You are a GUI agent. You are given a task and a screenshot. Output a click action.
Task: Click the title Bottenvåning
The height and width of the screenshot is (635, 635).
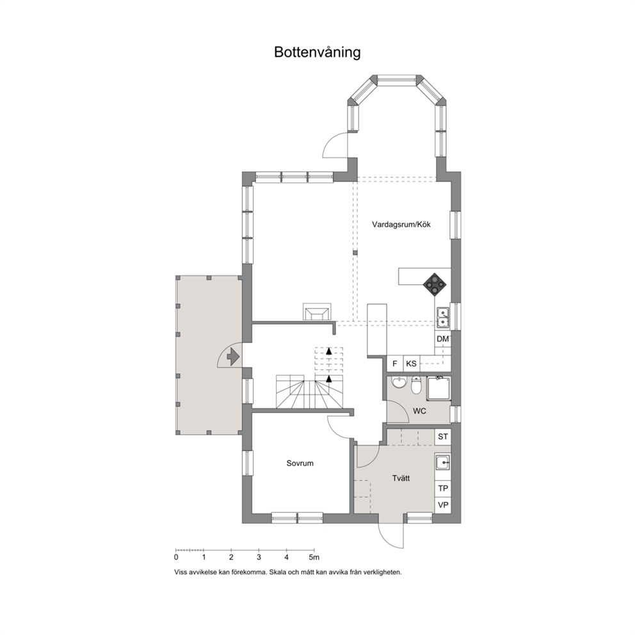click(x=317, y=52)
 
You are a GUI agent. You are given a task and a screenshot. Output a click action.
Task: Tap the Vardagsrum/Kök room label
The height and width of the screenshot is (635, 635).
click(x=401, y=224)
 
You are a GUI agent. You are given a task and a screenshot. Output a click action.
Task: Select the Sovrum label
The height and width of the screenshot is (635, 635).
click(x=300, y=463)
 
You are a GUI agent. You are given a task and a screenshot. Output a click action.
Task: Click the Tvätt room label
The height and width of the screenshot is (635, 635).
click(x=401, y=478)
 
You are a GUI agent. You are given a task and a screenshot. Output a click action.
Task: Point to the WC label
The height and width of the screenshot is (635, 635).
click(x=419, y=412)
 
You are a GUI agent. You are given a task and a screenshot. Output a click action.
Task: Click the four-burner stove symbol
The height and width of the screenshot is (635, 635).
click(x=435, y=284)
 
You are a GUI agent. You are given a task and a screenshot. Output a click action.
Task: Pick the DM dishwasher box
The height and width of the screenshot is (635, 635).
click(x=442, y=339)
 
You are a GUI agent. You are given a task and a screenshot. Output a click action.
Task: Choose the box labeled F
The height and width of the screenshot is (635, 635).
click(x=395, y=364)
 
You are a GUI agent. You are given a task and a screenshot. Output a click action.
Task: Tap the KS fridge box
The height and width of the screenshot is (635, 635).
click(x=411, y=364)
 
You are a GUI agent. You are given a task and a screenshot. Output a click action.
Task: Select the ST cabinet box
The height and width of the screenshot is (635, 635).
click(x=442, y=437)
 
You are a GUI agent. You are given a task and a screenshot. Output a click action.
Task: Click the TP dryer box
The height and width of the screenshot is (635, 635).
click(x=442, y=488)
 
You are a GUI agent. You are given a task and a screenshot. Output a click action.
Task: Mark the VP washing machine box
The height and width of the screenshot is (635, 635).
click(x=442, y=505)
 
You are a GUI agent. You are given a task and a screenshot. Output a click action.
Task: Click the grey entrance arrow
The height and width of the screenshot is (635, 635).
click(x=233, y=357)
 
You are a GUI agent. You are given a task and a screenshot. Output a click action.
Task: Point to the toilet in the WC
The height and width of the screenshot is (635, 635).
click(x=416, y=386)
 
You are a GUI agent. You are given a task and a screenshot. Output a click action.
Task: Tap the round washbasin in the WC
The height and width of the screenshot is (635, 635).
click(x=399, y=383)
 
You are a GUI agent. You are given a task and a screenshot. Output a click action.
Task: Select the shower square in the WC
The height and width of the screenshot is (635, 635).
click(x=438, y=389)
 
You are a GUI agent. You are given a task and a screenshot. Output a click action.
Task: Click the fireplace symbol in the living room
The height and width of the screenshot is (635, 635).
click(x=317, y=312)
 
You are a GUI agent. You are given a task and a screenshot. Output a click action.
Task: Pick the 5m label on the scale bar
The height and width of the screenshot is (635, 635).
click(x=314, y=558)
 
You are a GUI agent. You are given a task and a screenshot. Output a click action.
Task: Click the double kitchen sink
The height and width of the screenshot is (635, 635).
click(x=442, y=317)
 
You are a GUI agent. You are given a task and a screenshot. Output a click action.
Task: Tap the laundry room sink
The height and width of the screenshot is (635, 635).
click(x=442, y=462)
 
